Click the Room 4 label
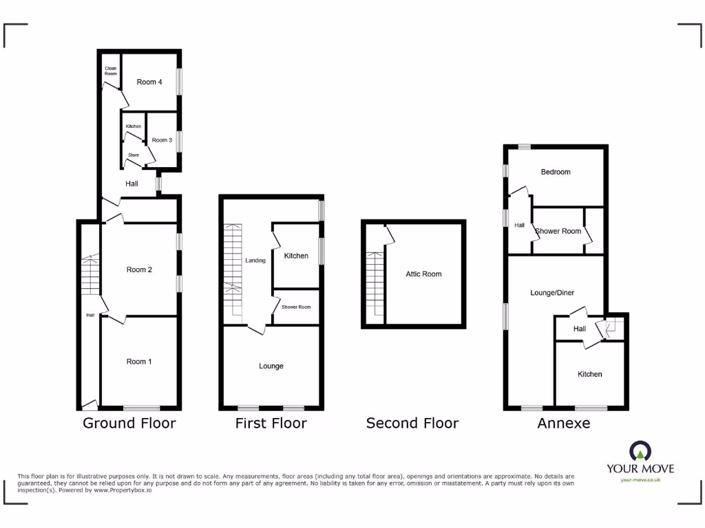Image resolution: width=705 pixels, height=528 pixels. pos(149,82)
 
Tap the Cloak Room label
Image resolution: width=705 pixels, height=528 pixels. pos(110,71)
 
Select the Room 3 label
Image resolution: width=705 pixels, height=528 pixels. pos(162,140)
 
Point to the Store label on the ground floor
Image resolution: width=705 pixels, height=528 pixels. pos(133,155)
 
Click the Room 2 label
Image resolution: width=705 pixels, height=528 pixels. pos(139,269)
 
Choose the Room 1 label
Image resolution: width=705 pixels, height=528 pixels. pos(139,362)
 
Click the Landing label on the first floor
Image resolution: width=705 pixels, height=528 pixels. pos(255,261)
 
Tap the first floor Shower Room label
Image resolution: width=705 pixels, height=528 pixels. pos(296,307)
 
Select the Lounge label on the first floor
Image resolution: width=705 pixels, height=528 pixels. pos(271,366)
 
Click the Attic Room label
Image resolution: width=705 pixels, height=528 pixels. pos(423,274)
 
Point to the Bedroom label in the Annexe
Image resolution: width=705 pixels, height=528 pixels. pos(556,172)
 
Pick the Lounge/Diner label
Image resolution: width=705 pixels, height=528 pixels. pos(552,293)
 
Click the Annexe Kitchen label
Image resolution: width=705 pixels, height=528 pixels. pos(590,374)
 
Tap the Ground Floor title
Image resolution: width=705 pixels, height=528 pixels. pos(129,423)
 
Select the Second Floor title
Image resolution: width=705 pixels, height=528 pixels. pos(412,423)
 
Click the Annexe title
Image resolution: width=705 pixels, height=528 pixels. pos(564,423)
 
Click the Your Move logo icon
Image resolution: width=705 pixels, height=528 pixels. pos(640,451)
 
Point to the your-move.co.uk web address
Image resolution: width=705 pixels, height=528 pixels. pos(640,480)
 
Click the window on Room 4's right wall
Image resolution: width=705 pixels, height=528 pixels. pos(179,81)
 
